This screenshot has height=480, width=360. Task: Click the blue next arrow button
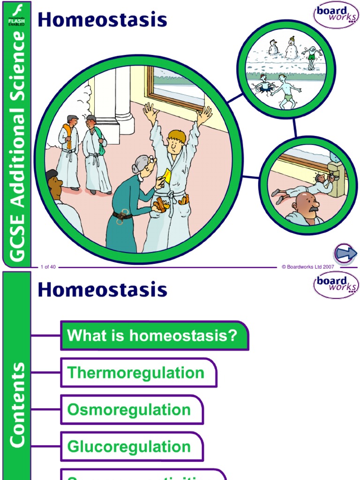345,254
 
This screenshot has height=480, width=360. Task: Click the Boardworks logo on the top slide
336,15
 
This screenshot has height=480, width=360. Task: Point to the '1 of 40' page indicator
48,267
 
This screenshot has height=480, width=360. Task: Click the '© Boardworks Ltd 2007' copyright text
307,267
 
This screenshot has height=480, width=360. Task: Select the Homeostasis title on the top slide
102,20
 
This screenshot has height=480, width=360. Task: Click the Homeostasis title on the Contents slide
102,290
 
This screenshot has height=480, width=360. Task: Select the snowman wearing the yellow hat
292,48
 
